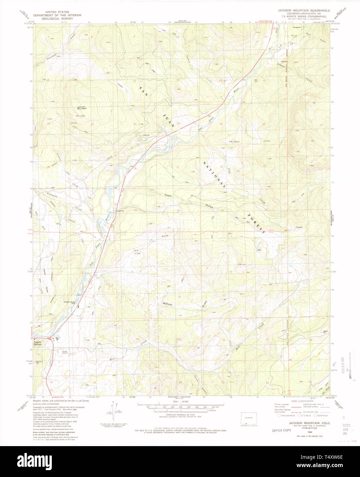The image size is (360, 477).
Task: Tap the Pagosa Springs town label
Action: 37,343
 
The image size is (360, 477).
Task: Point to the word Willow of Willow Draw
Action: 167,304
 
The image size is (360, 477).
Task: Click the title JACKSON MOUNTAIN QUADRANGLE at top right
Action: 304,11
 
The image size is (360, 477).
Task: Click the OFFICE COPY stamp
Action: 281,430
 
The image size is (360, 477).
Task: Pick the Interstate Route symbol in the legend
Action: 279,416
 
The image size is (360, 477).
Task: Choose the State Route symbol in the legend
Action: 315,416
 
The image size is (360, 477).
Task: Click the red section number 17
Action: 94,339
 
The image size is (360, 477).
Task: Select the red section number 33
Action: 135,210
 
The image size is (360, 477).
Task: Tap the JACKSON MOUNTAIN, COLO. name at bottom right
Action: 309,423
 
